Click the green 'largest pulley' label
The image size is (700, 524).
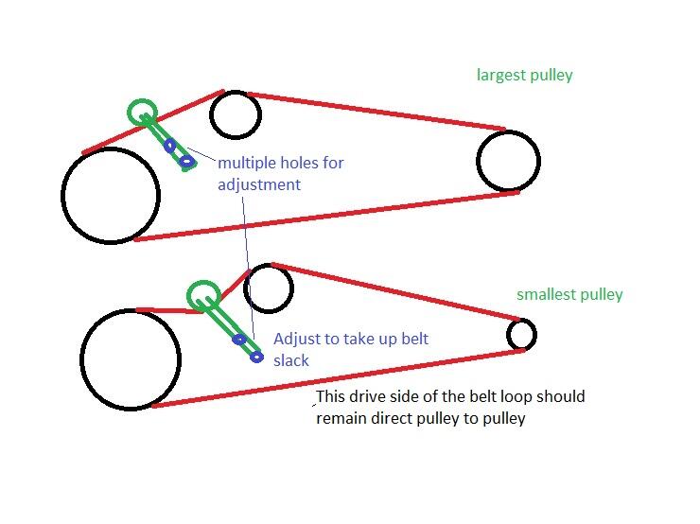525,75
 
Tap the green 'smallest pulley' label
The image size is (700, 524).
569,294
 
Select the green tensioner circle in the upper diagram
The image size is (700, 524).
143,113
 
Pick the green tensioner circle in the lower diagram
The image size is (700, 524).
203,297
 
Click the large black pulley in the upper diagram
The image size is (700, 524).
110,196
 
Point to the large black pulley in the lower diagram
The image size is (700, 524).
131,359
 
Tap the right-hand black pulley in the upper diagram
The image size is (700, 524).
509,162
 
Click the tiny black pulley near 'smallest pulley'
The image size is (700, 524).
521,334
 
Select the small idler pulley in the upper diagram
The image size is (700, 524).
235,114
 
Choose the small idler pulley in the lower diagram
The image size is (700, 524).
269,288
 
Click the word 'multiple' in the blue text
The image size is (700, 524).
247,163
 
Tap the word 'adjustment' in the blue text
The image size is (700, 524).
259,184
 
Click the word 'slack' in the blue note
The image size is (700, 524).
291,360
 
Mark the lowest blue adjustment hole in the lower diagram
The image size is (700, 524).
256,357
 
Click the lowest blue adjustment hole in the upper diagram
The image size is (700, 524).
187,162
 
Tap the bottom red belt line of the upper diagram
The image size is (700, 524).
326,216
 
